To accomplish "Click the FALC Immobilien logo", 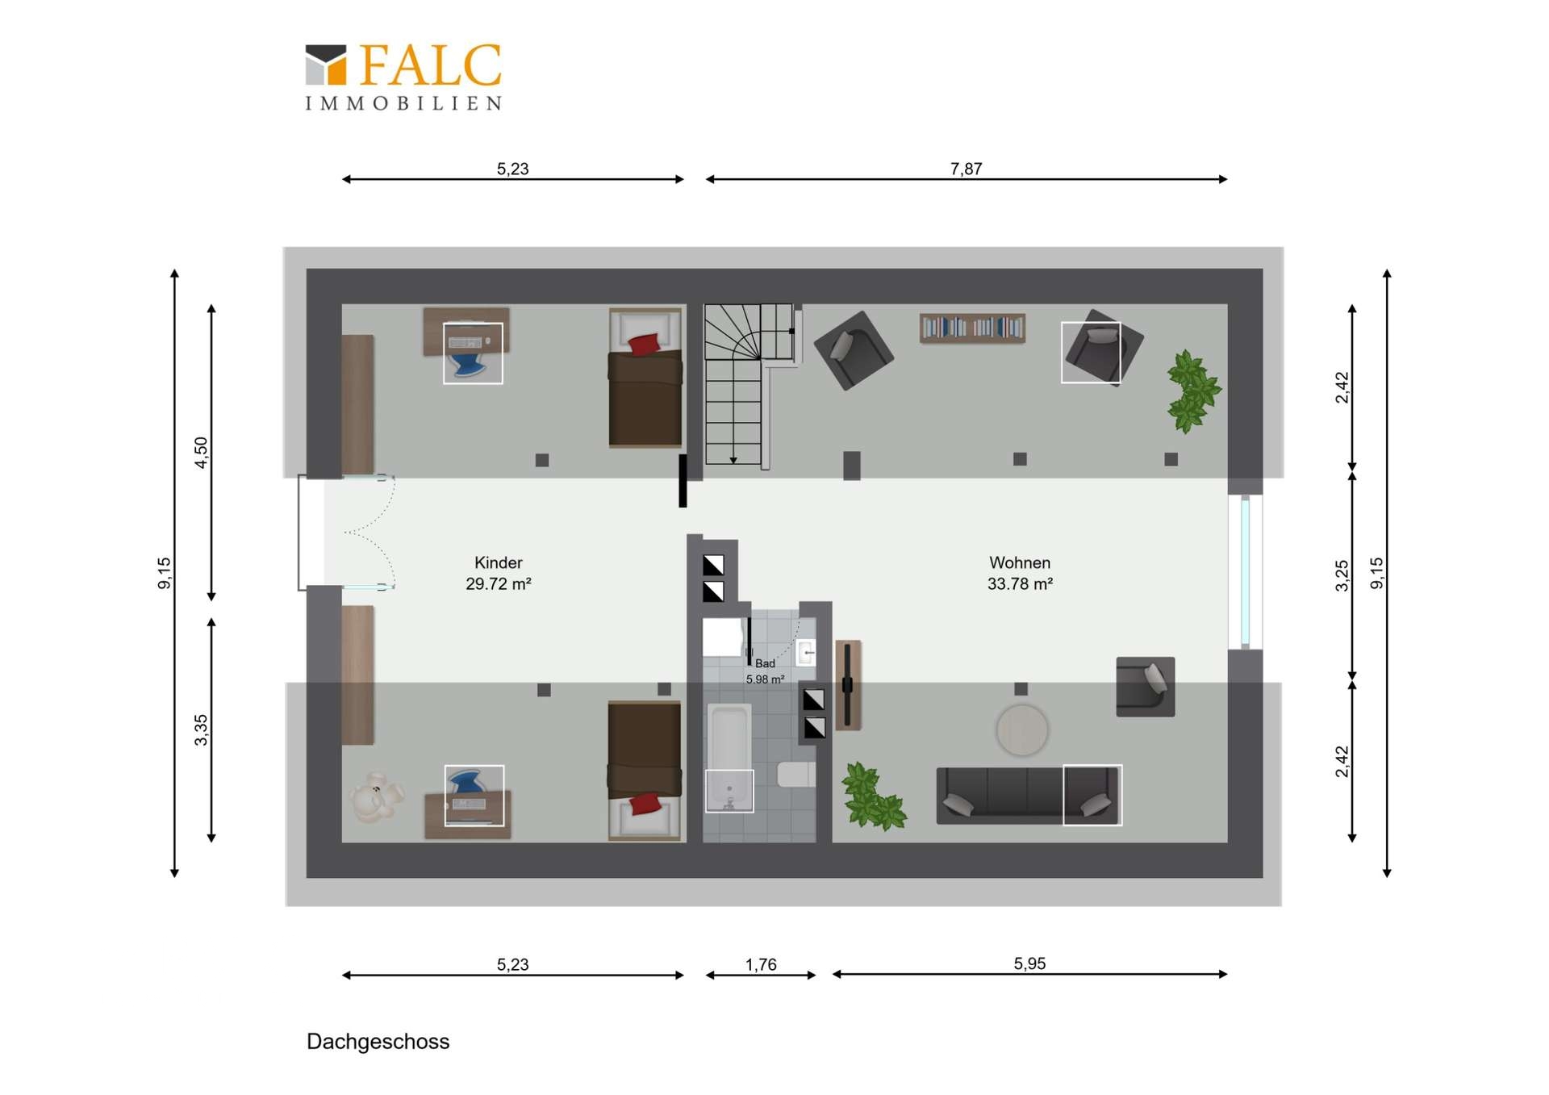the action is (403, 77).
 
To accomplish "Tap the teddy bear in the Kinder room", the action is (376, 796).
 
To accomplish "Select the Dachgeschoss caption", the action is (378, 1042).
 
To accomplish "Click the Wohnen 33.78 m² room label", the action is (1020, 573).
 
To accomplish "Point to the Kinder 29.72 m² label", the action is (499, 573).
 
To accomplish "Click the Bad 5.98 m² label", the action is (765, 671).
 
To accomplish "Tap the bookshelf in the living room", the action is (972, 328).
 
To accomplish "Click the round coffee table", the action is (1022, 730).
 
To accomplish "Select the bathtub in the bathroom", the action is (729, 757).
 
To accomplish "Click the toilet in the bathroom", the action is (796, 774).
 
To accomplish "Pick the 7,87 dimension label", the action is (966, 169).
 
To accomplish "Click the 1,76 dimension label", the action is (761, 964).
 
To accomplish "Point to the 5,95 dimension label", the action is (1029, 963).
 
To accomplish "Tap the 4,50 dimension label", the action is (201, 452).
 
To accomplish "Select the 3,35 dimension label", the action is (201, 730).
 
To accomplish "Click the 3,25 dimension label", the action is (1342, 575).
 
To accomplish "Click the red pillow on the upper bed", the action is (644, 345).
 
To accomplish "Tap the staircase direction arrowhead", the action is (733, 460).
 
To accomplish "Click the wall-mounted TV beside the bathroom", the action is (847, 685).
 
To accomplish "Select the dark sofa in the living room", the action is (1028, 795).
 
